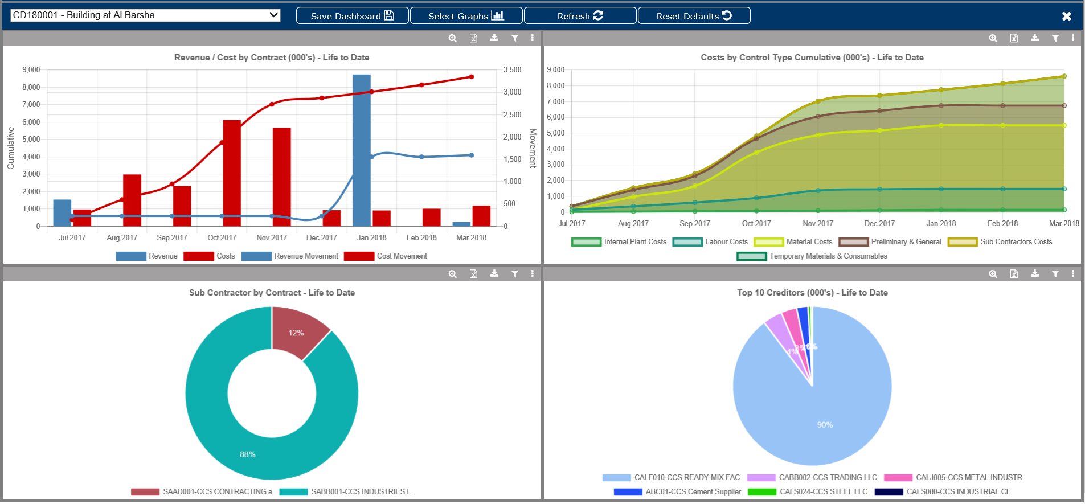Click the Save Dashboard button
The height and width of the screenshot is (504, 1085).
tap(352, 16)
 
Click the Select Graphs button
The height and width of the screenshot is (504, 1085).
tap(466, 16)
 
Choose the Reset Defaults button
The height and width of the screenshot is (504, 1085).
tap(694, 16)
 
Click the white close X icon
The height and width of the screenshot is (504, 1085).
tap(1067, 17)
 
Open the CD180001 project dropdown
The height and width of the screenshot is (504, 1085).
tap(145, 15)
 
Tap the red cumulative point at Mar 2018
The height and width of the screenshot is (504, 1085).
tap(472, 77)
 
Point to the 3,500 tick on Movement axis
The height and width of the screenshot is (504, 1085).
tap(512, 70)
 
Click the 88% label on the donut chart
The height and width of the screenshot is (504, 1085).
tap(247, 454)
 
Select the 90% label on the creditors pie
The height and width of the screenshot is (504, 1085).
tap(825, 425)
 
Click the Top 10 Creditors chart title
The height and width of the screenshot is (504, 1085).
tap(812, 293)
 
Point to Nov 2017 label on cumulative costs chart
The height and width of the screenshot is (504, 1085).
tap(818, 224)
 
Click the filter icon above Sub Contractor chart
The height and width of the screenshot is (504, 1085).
tap(515, 274)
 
